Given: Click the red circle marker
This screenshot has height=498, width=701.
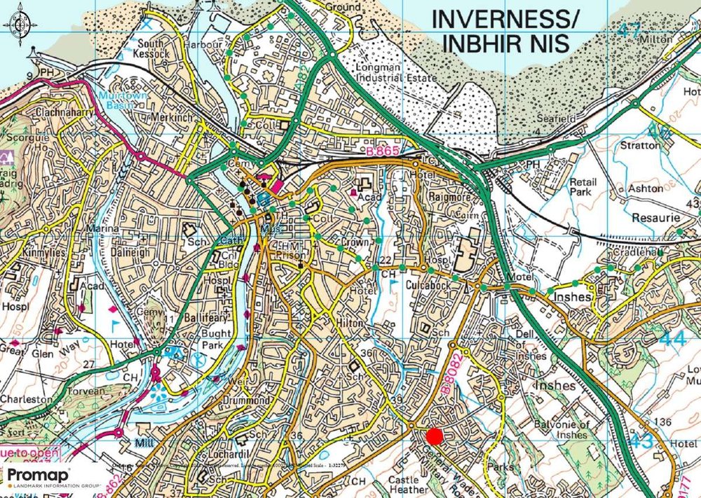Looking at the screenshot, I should (x=435, y=436).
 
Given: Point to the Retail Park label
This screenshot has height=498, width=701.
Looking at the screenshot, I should (x=583, y=187).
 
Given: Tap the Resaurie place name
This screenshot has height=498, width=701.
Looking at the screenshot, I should (x=655, y=218).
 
